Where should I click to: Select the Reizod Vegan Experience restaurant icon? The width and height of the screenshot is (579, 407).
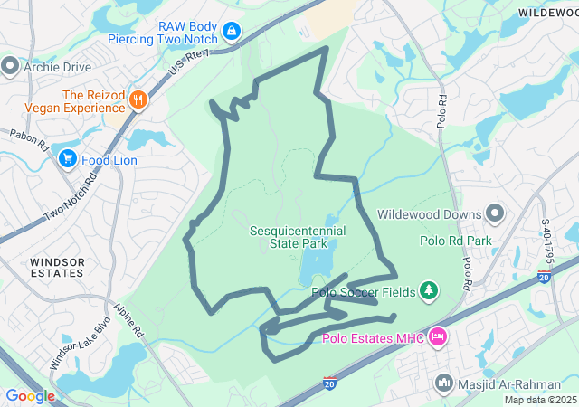point(138,99)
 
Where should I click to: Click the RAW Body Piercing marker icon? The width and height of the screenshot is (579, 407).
point(233,32)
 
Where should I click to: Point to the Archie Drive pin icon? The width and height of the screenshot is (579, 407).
point(10,65)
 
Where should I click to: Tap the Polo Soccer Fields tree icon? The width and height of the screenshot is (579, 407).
point(429,291)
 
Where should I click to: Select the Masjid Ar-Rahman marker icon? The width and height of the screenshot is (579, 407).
point(443,383)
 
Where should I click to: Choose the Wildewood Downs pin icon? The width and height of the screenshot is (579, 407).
point(495,214)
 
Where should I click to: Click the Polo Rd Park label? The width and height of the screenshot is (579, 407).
point(455,241)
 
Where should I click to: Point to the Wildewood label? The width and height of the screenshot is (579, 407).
point(548,12)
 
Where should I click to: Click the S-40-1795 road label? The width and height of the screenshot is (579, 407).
point(546,242)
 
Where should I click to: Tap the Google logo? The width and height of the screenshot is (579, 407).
point(30,396)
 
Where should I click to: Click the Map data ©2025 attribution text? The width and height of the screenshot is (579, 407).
point(540,400)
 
